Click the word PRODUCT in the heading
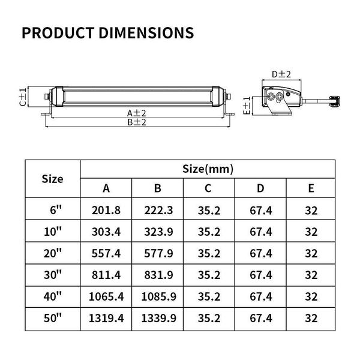(x=58, y=32)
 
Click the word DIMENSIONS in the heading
(x=146, y=32)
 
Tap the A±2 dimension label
(x=137, y=113)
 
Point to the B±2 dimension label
(x=137, y=122)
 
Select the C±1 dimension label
(x=23, y=97)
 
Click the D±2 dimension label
(x=281, y=74)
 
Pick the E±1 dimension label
(x=247, y=106)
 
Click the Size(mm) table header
(x=208, y=169)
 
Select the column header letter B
(x=157, y=188)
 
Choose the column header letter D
(x=260, y=188)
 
